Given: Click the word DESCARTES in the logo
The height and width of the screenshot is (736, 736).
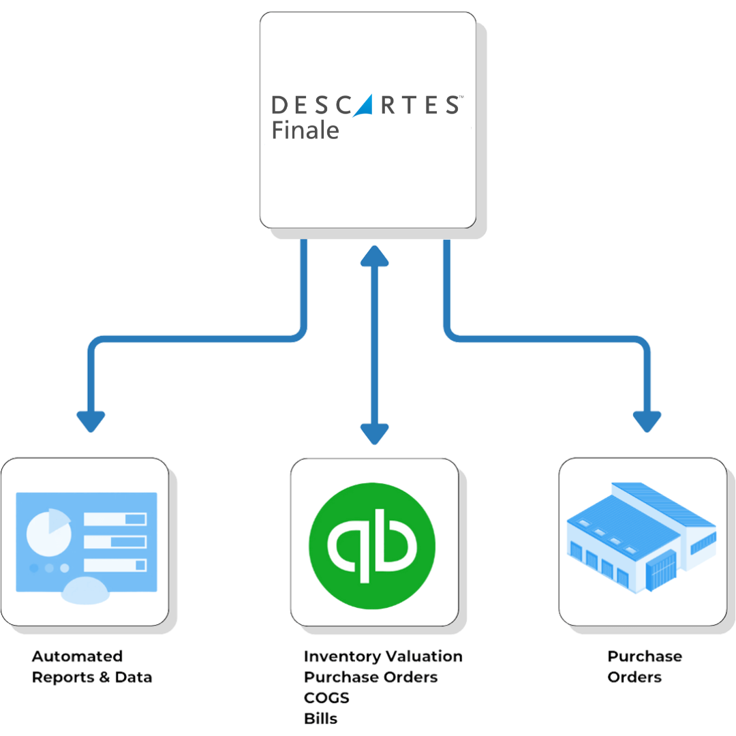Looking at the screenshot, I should tap(367, 105).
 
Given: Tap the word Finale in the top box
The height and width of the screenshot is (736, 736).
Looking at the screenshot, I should tap(305, 130).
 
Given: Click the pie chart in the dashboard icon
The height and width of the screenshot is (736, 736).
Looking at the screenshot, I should tap(48, 532).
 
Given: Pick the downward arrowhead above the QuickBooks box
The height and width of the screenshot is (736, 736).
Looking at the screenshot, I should tap(374, 433).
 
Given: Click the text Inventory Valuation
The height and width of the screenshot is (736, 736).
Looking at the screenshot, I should tap(384, 657).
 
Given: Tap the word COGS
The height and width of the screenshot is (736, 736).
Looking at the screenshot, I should tap(327, 698).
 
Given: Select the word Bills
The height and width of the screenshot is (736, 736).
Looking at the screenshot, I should tap(321, 718).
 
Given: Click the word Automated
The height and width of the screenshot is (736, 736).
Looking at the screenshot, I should tap(78, 657).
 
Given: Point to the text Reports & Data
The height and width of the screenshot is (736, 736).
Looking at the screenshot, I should tap(93, 677).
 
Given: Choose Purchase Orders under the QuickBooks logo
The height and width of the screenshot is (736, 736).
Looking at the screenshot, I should tap(371, 677).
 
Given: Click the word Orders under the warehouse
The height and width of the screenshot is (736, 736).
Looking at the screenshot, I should tap(634, 677).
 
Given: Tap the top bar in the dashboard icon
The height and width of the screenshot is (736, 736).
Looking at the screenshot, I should tap(115, 519).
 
